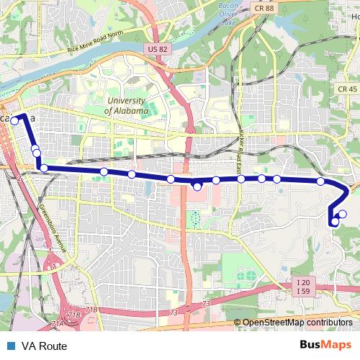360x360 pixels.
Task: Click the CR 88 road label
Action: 264,7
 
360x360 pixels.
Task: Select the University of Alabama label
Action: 126,106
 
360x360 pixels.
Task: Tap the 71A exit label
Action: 57,324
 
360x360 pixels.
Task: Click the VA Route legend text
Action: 44,346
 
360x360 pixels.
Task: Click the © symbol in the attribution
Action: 238,323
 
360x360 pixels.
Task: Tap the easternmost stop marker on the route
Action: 343,213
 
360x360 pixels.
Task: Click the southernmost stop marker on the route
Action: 335,222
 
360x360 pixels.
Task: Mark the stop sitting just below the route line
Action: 197,186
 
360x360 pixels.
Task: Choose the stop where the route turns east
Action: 44,168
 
